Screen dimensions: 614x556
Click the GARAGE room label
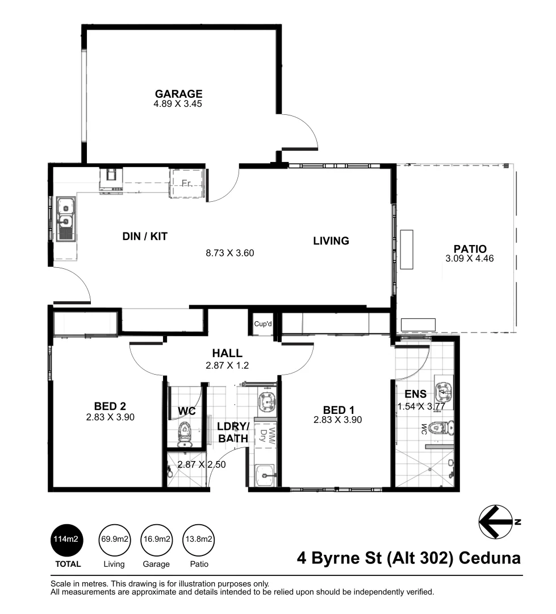point(178,94)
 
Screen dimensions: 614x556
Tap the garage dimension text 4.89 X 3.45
point(178,104)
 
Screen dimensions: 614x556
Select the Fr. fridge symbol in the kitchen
point(186,183)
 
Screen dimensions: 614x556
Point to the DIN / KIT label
point(145,236)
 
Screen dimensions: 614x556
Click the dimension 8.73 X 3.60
point(229,253)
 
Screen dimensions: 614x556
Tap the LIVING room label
point(331,240)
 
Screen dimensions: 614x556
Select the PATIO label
point(470,248)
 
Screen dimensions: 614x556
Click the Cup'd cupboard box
point(264,323)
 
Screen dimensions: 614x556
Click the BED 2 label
point(110,406)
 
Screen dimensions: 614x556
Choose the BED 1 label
point(338,409)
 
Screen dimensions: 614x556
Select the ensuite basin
point(443,391)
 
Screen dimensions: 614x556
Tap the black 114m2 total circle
point(66,539)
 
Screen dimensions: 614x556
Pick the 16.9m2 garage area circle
point(156,539)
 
